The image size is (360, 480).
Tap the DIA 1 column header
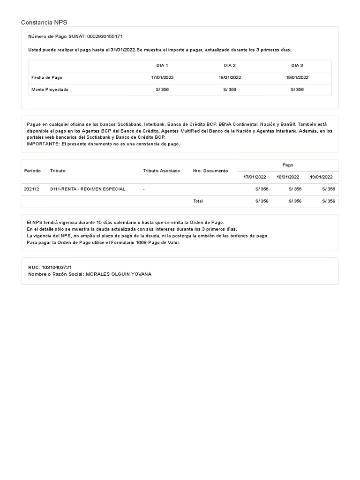pos(162,66)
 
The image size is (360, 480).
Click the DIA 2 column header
pos(230,66)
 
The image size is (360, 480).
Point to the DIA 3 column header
pos(297,66)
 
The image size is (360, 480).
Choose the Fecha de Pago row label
pos(47,77)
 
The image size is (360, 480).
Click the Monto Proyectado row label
pos(50,90)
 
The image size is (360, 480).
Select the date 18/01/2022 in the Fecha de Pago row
pos(230,77)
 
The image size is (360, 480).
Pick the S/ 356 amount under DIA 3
pos(297,90)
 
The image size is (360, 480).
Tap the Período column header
pos(32,171)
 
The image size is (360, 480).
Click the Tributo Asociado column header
pos(161,171)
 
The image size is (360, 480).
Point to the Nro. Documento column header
pos(210,171)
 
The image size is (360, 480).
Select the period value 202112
pos(32,189)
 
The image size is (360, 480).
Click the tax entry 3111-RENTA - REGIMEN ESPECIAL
pos(88,189)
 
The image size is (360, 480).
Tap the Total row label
pos(198,201)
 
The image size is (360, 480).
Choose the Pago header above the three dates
pos(288,165)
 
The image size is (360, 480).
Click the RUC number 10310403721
pos(56,267)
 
